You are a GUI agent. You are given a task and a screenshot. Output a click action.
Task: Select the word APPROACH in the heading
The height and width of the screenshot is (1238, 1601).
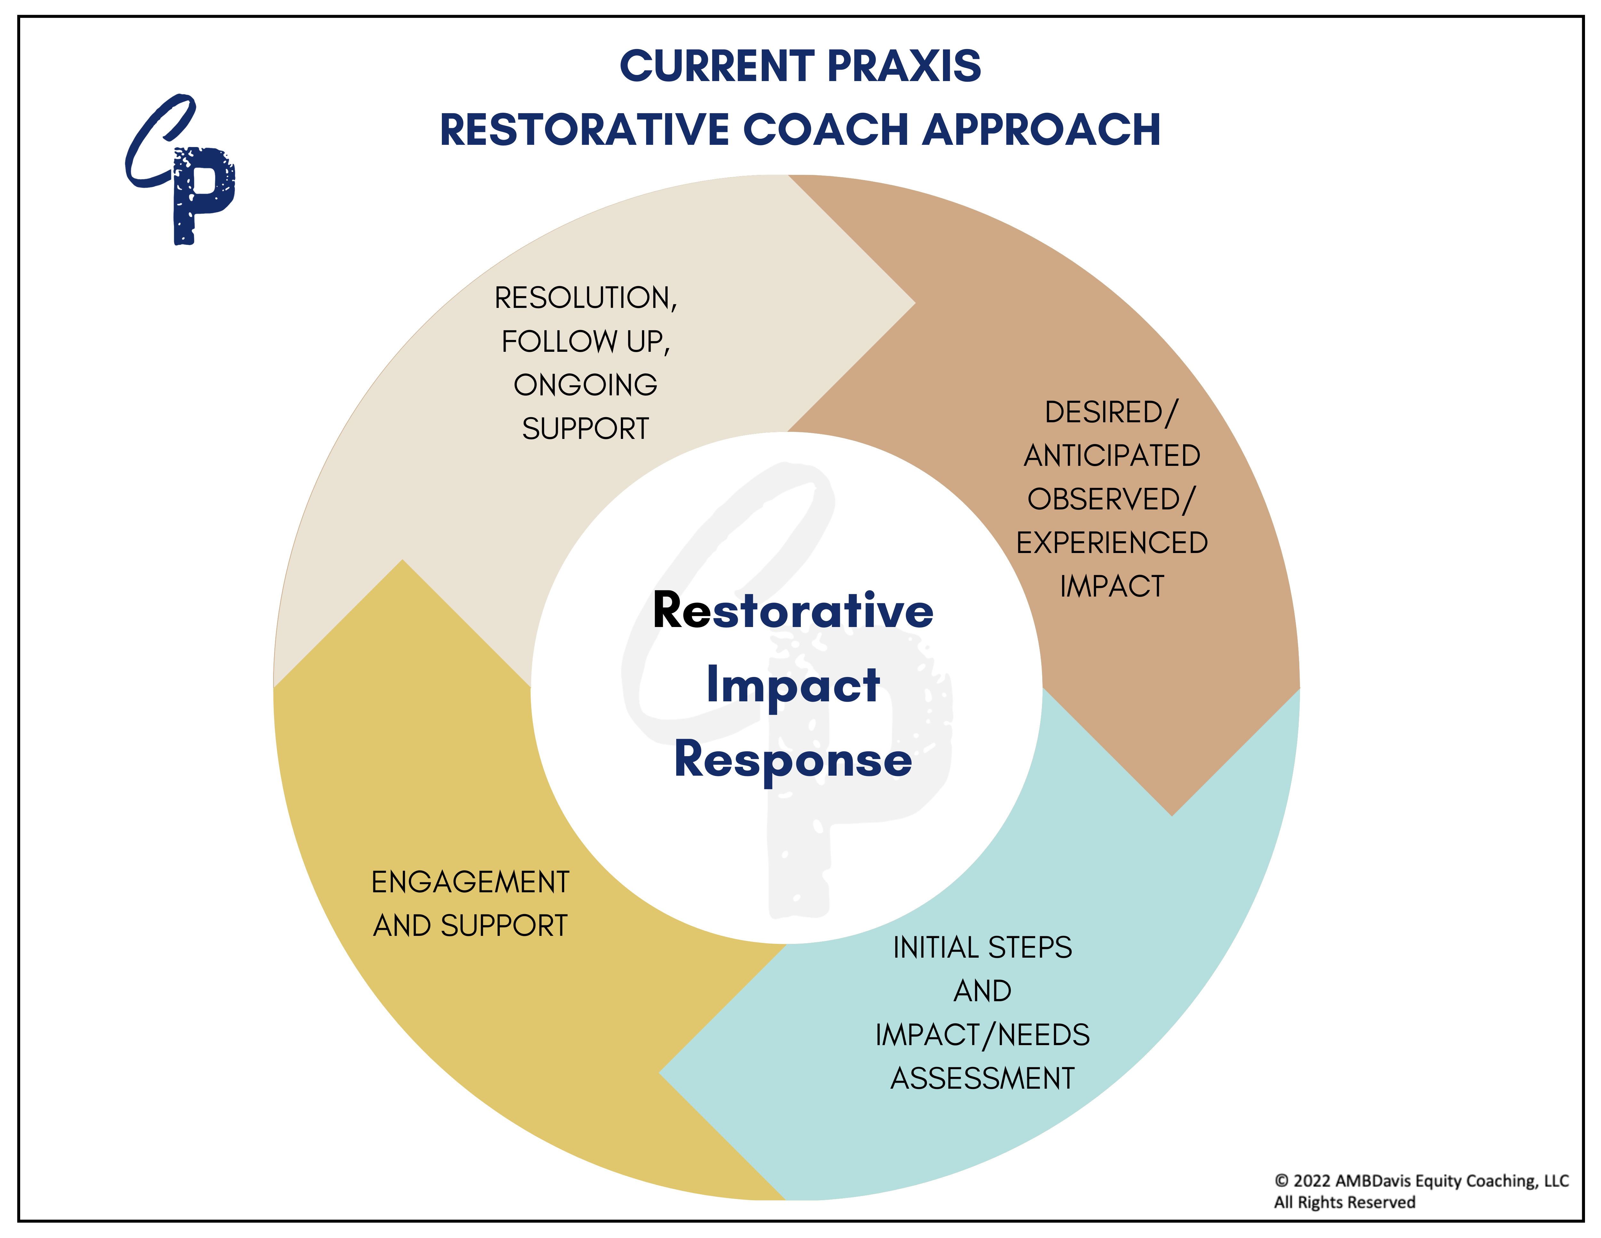(1041, 130)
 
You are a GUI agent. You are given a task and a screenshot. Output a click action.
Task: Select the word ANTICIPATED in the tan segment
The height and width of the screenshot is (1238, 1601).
(1111, 456)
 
